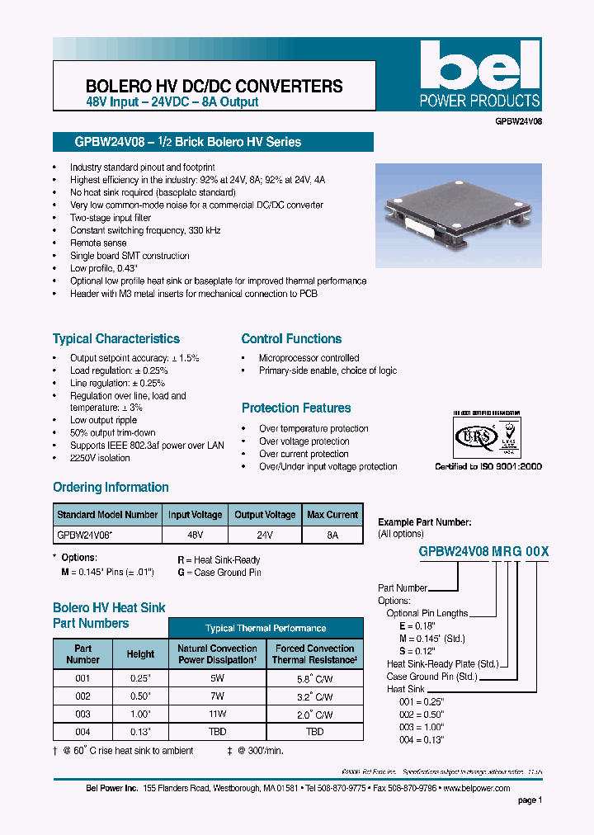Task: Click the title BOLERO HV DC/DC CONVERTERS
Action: pos(214,86)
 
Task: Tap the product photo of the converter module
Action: pos(458,214)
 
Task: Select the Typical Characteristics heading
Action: pos(116,339)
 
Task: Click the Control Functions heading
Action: pos(291,339)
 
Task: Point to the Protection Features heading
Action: pos(296,408)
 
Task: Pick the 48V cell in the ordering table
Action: pos(195,535)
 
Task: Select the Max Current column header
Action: pos(332,515)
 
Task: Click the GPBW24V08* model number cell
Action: pos(85,535)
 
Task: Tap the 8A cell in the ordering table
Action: pos(332,535)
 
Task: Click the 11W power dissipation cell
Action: pos(217,714)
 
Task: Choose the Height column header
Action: pos(140,654)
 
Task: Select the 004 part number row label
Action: pos(82,732)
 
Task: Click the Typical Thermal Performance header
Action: pos(266,629)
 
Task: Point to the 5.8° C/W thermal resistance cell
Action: pos(314,678)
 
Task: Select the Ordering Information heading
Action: pos(111,488)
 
